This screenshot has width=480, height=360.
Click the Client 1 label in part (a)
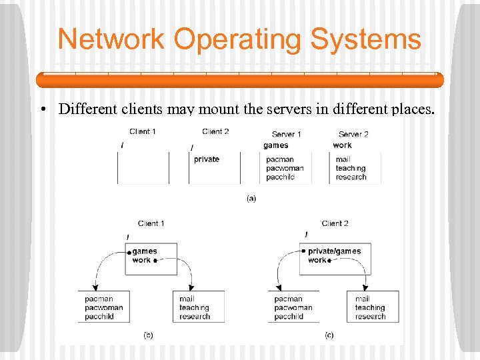click(x=143, y=131)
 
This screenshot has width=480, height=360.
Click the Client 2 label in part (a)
click(x=215, y=131)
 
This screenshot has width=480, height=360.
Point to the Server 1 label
click(x=287, y=134)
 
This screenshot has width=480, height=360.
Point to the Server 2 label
click(x=353, y=134)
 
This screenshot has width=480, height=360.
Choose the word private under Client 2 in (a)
click(x=207, y=159)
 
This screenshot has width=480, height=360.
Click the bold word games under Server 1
click(x=276, y=145)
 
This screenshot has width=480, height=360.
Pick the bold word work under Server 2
click(x=342, y=145)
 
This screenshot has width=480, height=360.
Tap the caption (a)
click(x=251, y=198)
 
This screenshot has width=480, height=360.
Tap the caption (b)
click(x=148, y=335)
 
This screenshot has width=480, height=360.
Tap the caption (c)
click(x=329, y=335)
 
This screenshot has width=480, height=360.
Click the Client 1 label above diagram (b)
click(x=151, y=223)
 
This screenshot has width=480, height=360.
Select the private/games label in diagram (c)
click(x=334, y=251)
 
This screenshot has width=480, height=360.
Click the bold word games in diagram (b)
click(x=145, y=251)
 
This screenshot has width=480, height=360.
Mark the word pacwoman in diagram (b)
click(x=104, y=308)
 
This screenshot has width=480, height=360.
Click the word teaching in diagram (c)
click(x=370, y=308)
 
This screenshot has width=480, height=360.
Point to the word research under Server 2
click(x=351, y=177)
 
